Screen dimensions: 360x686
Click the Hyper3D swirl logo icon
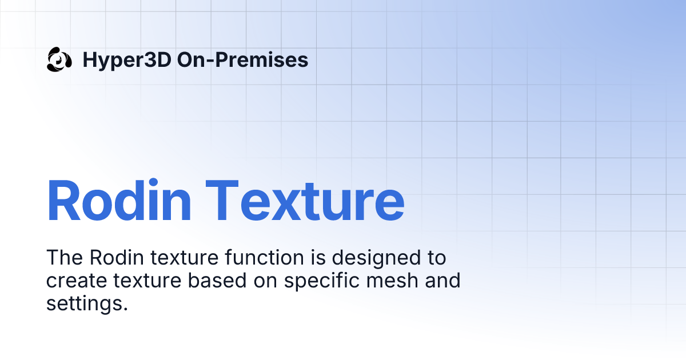(x=59, y=59)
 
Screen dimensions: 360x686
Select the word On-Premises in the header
(x=242, y=59)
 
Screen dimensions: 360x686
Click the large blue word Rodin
(x=118, y=201)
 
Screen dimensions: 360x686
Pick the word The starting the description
(x=64, y=258)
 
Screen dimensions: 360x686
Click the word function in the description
(x=266, y=258)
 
